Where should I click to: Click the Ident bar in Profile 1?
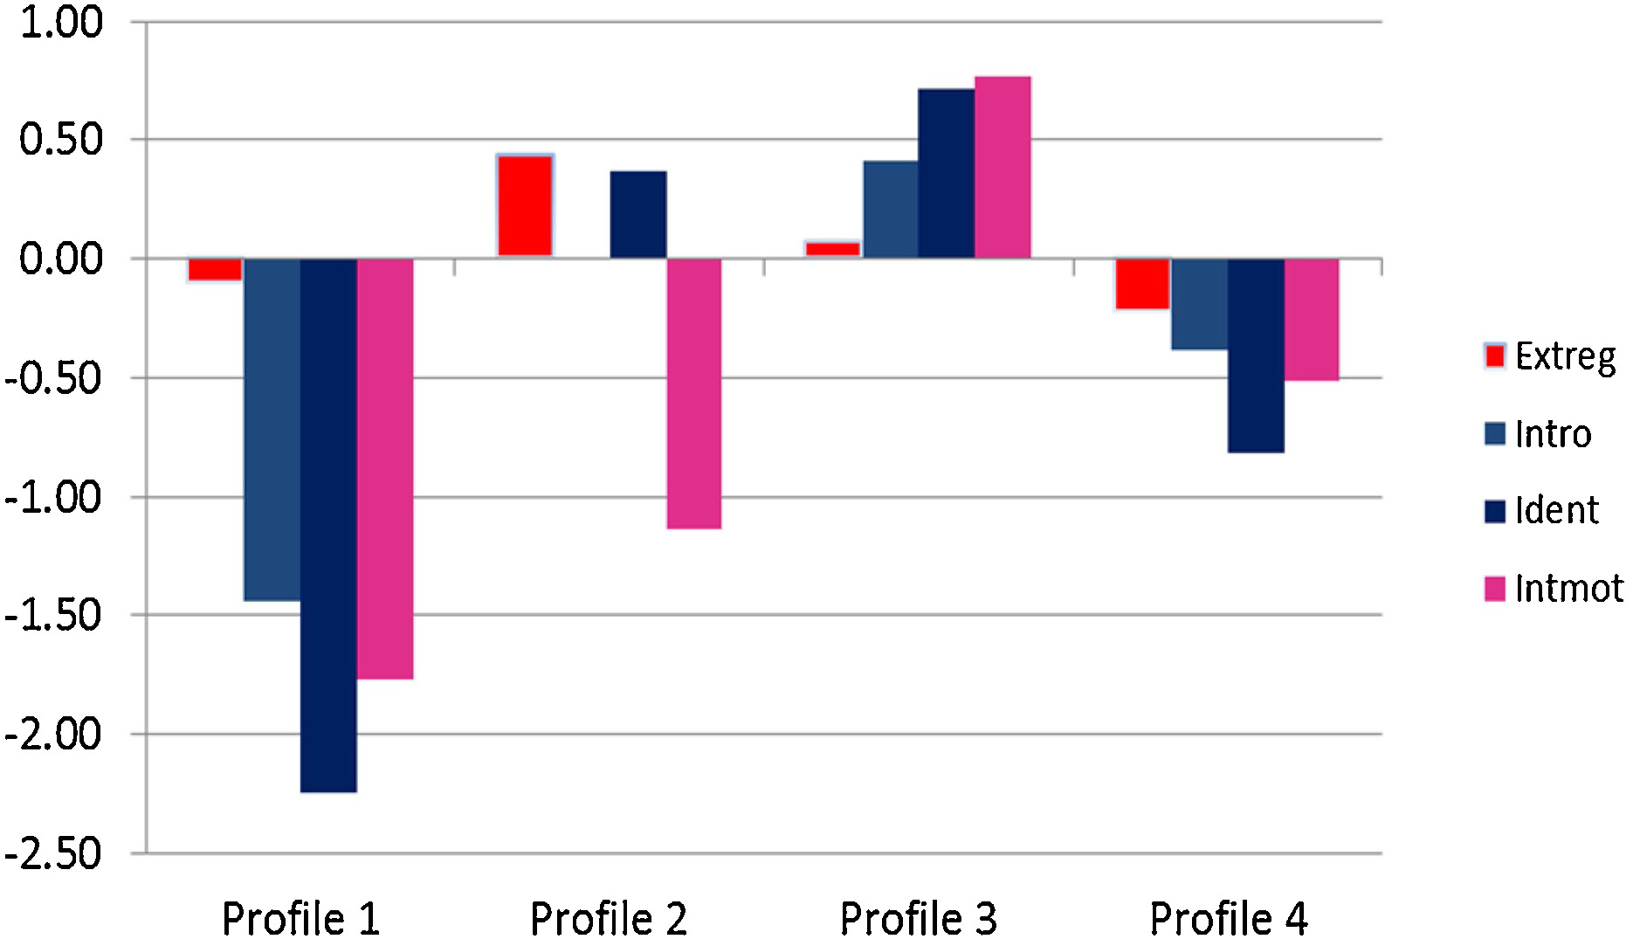point(328,524)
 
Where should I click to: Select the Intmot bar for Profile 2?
point(694,393)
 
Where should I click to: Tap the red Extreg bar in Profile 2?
point(525,206)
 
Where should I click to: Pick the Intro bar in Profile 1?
point(272,428)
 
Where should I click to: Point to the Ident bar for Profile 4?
point(1256,355)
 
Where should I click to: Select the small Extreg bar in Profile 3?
point(832,249)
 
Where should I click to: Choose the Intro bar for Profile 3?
point(891,210)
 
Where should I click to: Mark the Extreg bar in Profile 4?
point(1142,283)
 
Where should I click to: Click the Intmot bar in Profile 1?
point(385,467)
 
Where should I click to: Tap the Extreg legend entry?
point(1550,356)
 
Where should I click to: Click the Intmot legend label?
point(1568,589)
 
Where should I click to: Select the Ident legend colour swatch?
point(1495,511)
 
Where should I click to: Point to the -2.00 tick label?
point(54,734)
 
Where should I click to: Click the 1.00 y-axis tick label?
point(61,23)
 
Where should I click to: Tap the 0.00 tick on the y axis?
point(61,259)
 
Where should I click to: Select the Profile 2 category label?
point(609,918)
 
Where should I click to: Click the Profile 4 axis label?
point(1229,918)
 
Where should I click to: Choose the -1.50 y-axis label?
point(54,616)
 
